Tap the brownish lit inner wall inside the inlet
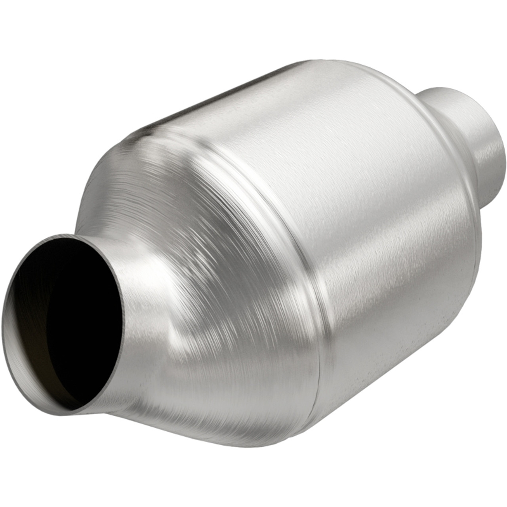click(x=32, y=349)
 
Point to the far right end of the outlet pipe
click(x=504, y=158)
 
